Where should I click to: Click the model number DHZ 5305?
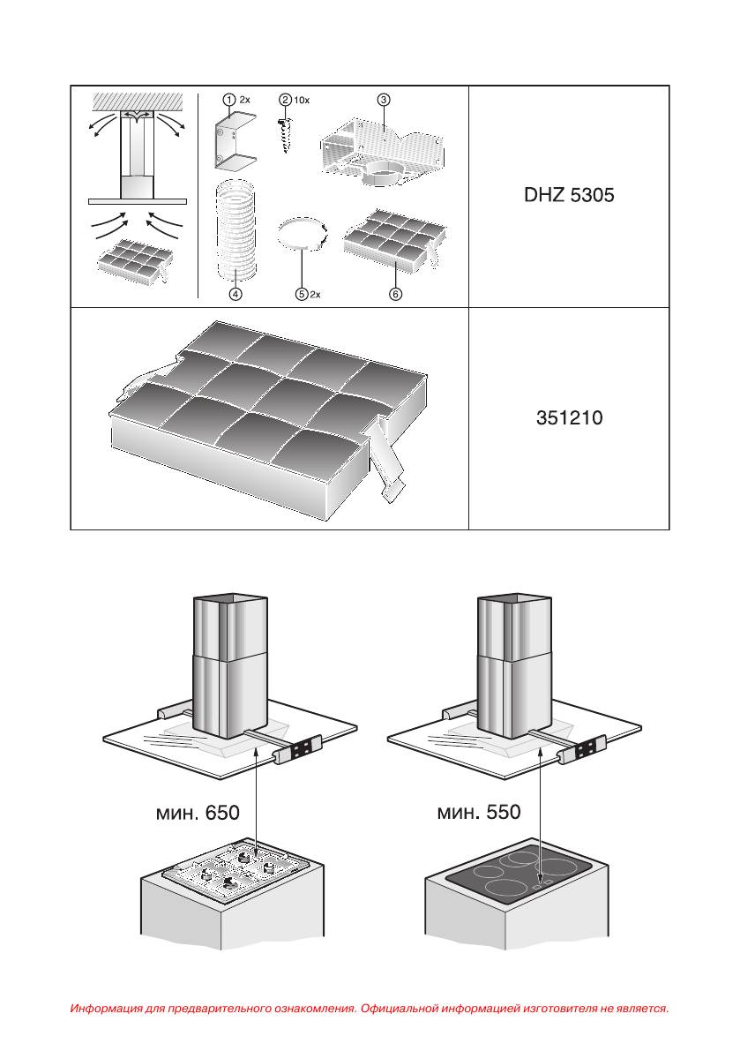pos(569,196)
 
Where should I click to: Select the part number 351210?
pos(569,418)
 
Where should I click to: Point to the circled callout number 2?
pos(285,101)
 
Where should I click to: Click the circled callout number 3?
pos(383,100)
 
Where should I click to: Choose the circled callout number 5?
pos(302,294)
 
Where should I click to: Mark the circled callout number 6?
pos(396,294)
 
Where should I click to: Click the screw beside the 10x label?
pos(286,133)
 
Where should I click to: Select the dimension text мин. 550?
pos(480,813)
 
